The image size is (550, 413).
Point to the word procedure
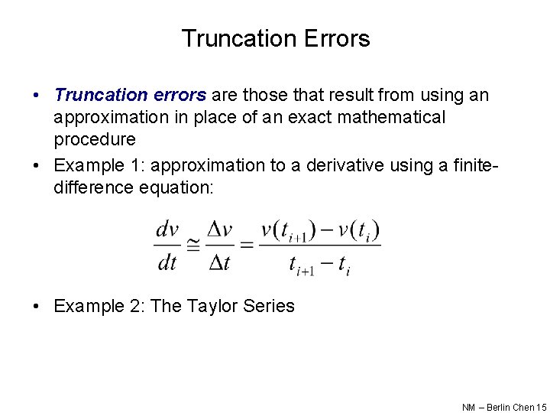[95, 139]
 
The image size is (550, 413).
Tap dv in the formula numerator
[167, 229]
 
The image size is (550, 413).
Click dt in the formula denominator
[167, 263]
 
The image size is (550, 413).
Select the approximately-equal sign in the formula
[193, 246]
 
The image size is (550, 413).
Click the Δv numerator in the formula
[220, 229]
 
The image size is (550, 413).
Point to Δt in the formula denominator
[220, 263]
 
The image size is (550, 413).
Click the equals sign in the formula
[246, 246]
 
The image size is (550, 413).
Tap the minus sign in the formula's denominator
[326, 264]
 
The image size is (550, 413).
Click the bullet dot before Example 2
[37, 307]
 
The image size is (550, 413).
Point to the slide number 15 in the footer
[542, 408]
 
